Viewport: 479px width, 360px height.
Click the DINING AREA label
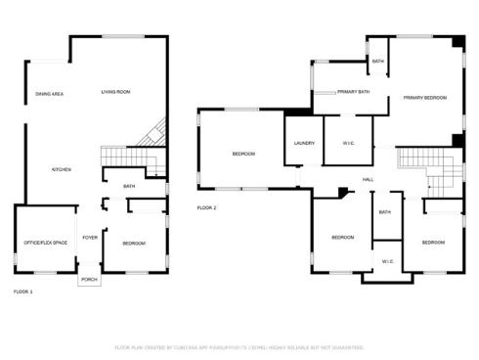(50, 94)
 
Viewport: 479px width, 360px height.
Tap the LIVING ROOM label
(115, 92)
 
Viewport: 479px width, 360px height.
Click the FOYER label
(89, 237)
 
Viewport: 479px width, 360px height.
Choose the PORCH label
(89, 280)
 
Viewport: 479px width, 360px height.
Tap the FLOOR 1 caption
(22, 292)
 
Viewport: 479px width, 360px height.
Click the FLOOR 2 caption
(206, 207)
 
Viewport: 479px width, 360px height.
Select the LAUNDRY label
(303, 144)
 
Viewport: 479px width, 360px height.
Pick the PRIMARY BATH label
(353, 92)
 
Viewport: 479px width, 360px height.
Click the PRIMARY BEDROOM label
(424, 98)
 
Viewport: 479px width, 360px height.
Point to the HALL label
(368, 179)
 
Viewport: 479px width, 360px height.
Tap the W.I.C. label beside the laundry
(349, 144)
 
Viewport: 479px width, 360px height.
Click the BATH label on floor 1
(129, 186)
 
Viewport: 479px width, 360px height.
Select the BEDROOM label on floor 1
(134, 243)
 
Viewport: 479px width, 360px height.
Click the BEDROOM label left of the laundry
(243, 154)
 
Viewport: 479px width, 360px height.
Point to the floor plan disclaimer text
(239, 347)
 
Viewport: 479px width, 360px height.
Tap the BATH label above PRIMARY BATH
(378, 61)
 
